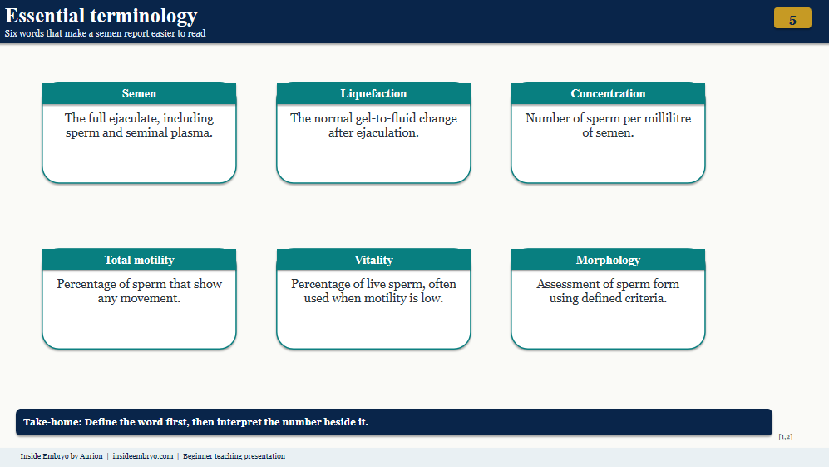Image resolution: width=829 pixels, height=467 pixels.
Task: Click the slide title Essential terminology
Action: pyautogui.click(x=101, y=16)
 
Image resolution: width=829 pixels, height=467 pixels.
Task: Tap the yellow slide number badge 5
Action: pyautogui.click(x=792, y=18)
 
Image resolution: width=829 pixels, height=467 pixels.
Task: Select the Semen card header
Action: pyautogui.click(x=139, y=93)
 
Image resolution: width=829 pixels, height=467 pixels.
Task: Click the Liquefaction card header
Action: pyautogui.click(x=373, y=93)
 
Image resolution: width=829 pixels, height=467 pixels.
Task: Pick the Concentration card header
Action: pyautogui.click(x=608, y=93)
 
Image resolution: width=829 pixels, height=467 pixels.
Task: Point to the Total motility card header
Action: pyautogui.click(x=139, y=260)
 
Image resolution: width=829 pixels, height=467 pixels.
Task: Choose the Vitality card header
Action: pyautogui.click(x=373, y=260)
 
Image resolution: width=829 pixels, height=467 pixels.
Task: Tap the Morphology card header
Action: pyautogui.click(x=608, y=260)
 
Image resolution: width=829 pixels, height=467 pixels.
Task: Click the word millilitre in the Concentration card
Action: pyautogui.click(x=667, y=118)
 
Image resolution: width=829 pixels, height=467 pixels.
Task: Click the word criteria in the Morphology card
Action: pyautogui.click(x=645, y=298)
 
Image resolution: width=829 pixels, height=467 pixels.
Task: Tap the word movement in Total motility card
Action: pyautogui.click(x=151, y=298)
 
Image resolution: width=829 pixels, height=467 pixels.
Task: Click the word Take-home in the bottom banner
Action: pyautogui.click(x=52, y=422)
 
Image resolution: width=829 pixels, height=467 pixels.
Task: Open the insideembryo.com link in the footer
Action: pyautogui.click(x=143, y=456)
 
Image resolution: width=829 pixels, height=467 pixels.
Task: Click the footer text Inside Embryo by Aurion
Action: pyautogui.click(x=62, y=456)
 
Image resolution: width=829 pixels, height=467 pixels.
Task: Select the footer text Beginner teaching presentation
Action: pyautogui.click(x=234, y=456)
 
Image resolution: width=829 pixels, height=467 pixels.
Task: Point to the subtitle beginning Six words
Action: pyautogui.click(x=106, y=33)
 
